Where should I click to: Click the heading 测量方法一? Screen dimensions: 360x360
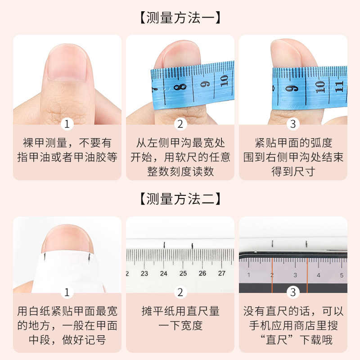tap(180, 18)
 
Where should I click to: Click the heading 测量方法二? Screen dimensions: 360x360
tap(180, 199)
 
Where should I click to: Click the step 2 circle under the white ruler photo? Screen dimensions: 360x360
tap(180, 292)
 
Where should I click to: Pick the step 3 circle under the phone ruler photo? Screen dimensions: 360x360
tap(293, 292)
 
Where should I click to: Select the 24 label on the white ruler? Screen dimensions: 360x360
tap(164, 273)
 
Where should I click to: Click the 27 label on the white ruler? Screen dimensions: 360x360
tap(221, 273)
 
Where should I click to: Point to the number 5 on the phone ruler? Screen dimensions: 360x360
tap(341, 275)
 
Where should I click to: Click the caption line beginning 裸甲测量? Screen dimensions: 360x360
tap(67, 144)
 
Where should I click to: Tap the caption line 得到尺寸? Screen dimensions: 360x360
tap(293, 171)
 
